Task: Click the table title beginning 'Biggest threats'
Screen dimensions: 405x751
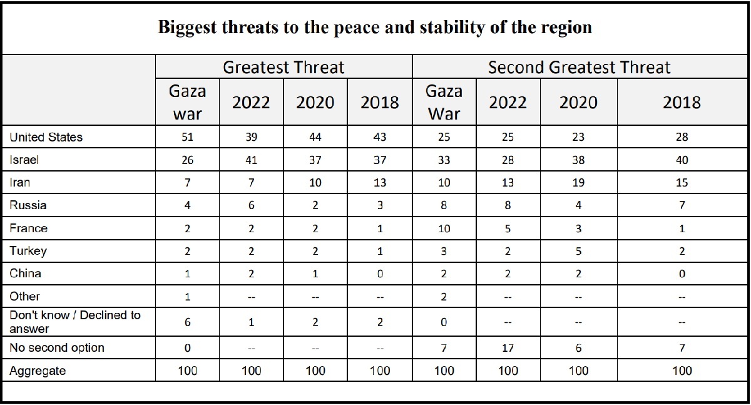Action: point(374,28)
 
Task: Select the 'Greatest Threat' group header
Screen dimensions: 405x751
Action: point(284,68)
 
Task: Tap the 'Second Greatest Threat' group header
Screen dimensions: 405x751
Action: point(579,68)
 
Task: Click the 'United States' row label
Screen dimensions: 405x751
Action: point(46,137)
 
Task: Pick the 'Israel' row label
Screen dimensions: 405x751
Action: point(24,160)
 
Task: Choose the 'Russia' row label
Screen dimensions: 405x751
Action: point(28,205)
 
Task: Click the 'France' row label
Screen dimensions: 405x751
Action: point(29,228)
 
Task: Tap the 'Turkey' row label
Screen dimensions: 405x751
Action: point(29,251)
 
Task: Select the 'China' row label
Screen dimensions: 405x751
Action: point(26,274)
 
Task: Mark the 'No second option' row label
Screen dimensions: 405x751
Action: point(57,347)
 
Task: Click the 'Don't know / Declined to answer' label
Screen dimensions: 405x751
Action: point(75,321)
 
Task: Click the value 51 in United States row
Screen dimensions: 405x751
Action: point(187,137)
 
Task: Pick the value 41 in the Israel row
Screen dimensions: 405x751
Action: point(251,160)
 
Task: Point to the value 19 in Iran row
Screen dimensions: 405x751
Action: point(578,183)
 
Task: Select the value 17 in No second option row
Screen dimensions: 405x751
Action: point(508,347)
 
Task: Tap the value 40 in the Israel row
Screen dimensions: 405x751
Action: point(682,160)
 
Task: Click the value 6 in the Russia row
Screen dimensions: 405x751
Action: point(251,205)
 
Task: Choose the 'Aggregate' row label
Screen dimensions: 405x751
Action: point(38,371)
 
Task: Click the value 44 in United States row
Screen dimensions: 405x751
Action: point(315,137)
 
